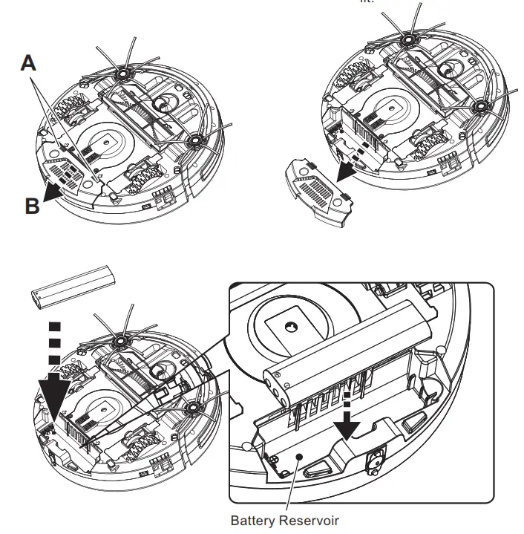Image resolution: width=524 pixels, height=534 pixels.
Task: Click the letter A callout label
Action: click(x=27, y=65)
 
